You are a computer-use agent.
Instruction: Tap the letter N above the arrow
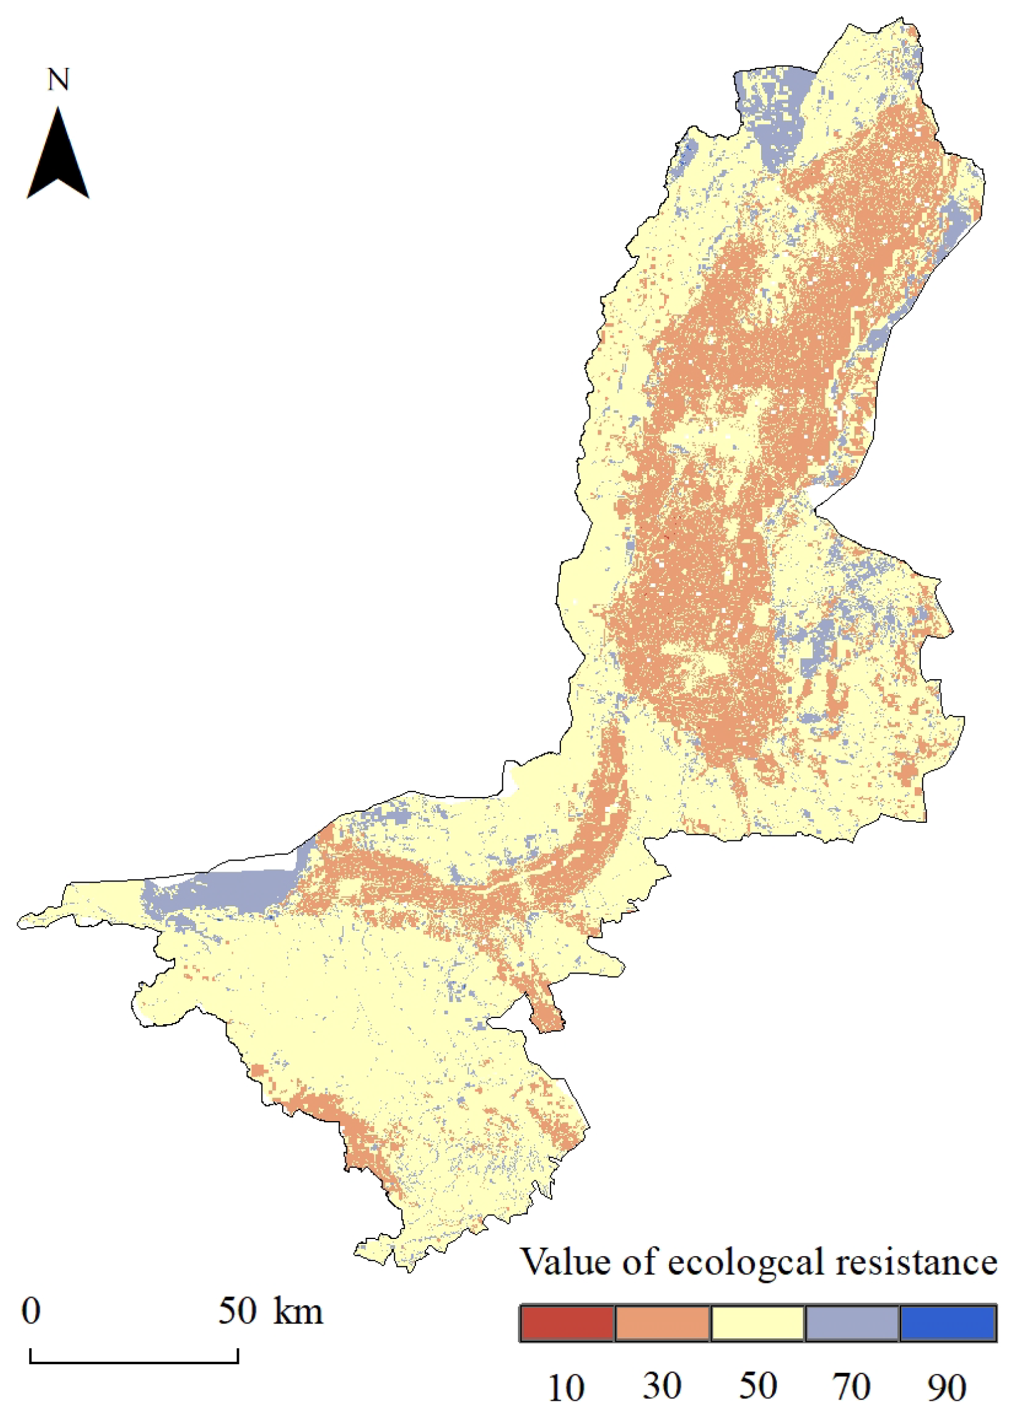pos(59,80)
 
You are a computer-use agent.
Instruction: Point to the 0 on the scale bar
pos(31,1311)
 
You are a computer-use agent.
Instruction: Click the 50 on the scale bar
pos(237,1311)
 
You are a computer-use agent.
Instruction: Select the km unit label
pos(298,1311)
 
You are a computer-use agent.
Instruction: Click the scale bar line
pos(134,1362)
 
